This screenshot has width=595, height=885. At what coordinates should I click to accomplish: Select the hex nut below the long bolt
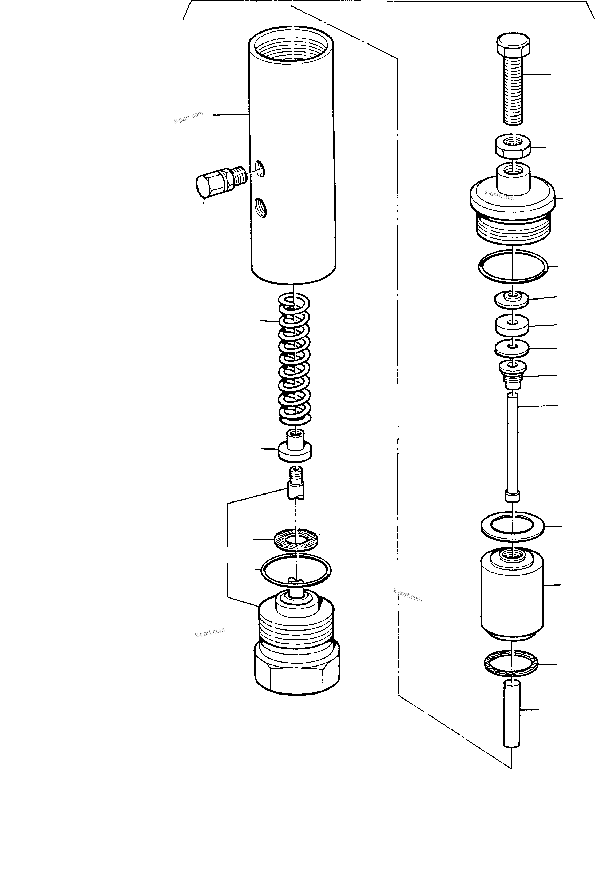pyautogui.click(x=512, y=146)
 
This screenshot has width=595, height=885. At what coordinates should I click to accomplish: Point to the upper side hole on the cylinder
pyautogui.click(x=260, y=168)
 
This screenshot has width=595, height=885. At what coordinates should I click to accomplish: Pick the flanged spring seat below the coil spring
pyautogui.click(x=295, y=448)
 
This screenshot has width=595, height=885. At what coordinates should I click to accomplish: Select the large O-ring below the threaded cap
pyautogui.click(x=512, y=267)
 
